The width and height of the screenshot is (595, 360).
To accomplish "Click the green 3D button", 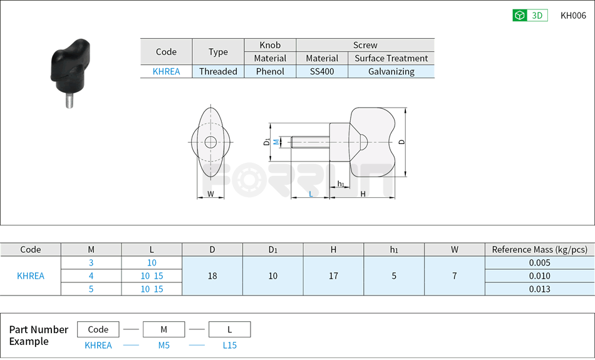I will pyautogui.click(x=530, y=16).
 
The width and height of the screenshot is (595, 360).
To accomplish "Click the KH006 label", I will pyautogui.click(x=572, y=16).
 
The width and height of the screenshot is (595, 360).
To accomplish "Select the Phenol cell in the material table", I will pyautogui.click(x=270, y=71).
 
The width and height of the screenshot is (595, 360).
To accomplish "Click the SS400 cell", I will pyautogui.click(x=322, y=71).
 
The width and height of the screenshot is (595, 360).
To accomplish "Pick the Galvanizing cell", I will pyautogui.click(x=391, y=71).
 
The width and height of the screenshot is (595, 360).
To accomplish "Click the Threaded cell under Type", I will pyautogui.click(x=218, y=71).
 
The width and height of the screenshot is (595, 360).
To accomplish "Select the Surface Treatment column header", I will pyautogui.click(x=391, y=58).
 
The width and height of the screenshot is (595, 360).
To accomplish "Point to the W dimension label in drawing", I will pyautogui.click(x=210, y=194).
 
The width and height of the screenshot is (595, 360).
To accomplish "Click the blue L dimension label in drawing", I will pyautogui.click(x=311, y=194).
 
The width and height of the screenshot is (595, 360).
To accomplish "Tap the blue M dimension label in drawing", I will pyautogui.click(x=276, y=143).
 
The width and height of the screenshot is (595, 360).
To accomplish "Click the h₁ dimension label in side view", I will pyautogui.click(x=341, y=183).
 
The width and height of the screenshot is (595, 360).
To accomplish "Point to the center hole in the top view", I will pyautogui.click(x=210, y=142).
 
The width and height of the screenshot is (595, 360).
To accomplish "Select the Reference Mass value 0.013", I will pyautogui.click(x=539, y=289).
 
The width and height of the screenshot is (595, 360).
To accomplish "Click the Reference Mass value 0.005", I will pyautogui.click(x=539, y=263).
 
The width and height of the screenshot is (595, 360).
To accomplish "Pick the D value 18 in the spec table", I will pyautogui.click(x=212, y=275).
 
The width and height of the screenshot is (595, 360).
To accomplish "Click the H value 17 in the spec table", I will pyautogui.click(x=333, y=275).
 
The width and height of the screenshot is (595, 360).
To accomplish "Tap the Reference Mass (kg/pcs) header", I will pyautogui.click(x=539, y=249).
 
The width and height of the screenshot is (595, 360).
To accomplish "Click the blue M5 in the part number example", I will pyautogui.click(x=163, y=345).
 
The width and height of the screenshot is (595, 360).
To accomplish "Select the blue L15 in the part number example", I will pyautogui.click(x=229, y=345).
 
